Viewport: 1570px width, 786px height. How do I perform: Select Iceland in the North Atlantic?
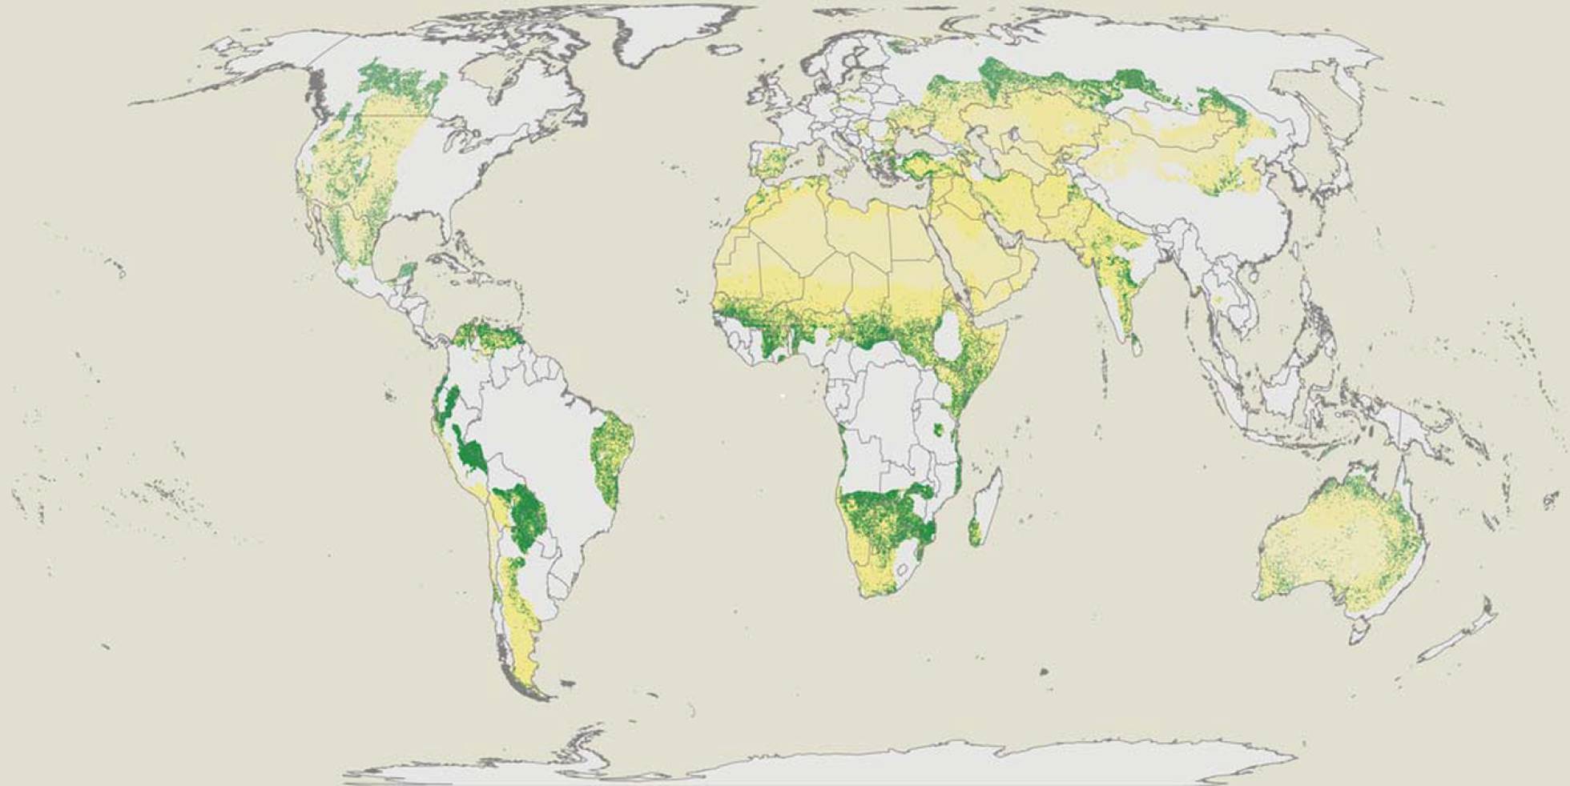[x=726, y=50]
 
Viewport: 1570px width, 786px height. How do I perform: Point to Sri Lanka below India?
[x=1136, y=346]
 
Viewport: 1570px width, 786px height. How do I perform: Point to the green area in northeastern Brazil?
[x=613, y=456]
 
